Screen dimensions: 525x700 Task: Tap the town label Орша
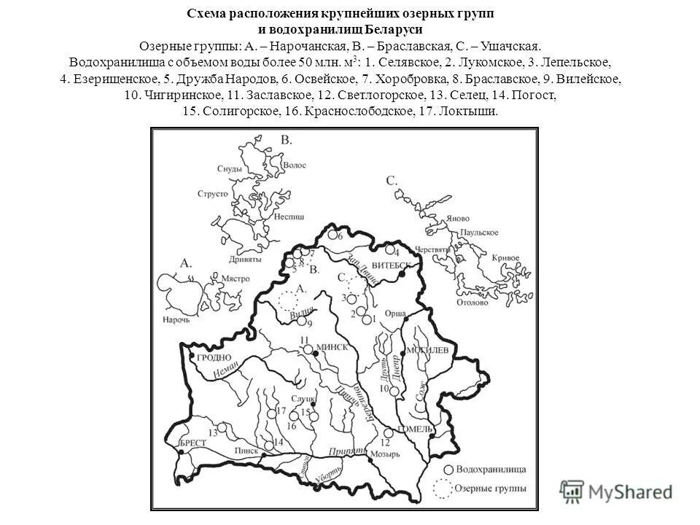394,311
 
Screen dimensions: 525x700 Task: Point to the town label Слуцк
304,400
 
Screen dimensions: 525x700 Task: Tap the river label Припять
346,453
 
